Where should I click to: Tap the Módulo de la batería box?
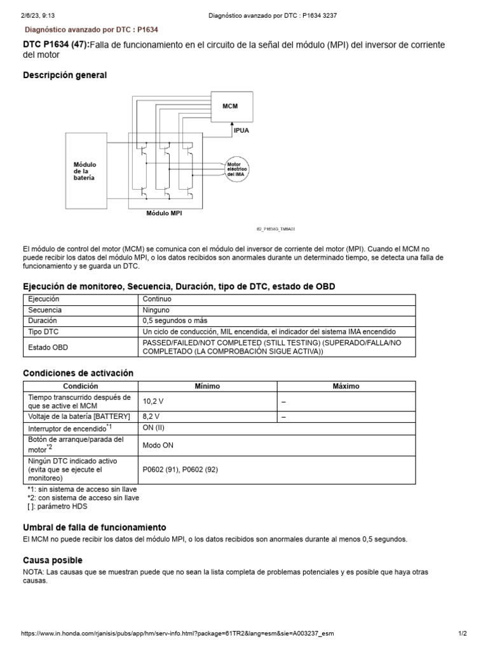[84, 171]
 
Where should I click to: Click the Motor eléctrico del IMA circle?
[236, 169]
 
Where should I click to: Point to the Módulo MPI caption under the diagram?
[164, 214]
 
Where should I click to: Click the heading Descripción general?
[65, 76]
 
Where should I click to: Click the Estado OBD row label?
[48, 347]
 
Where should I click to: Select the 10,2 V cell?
[153, 402]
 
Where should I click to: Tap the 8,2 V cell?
[151, 416]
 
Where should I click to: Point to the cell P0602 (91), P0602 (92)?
[180, 470]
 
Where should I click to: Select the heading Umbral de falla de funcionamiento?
[95, 527]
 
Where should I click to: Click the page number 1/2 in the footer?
[463, 634]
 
